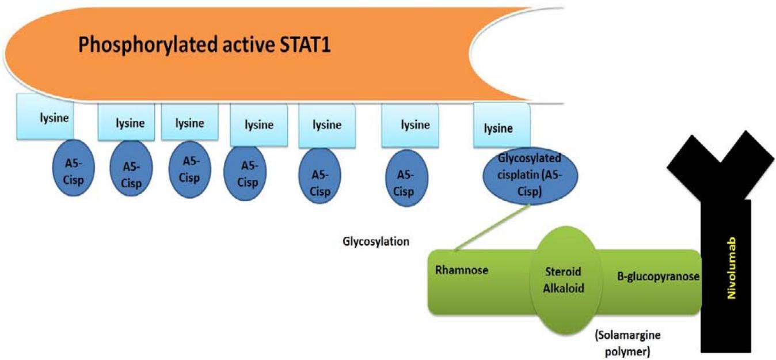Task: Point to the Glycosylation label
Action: click(x=376, y=241)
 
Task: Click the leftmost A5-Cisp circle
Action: click(x=72, y=168)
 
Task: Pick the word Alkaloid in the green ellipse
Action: click(x=564, y=288)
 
